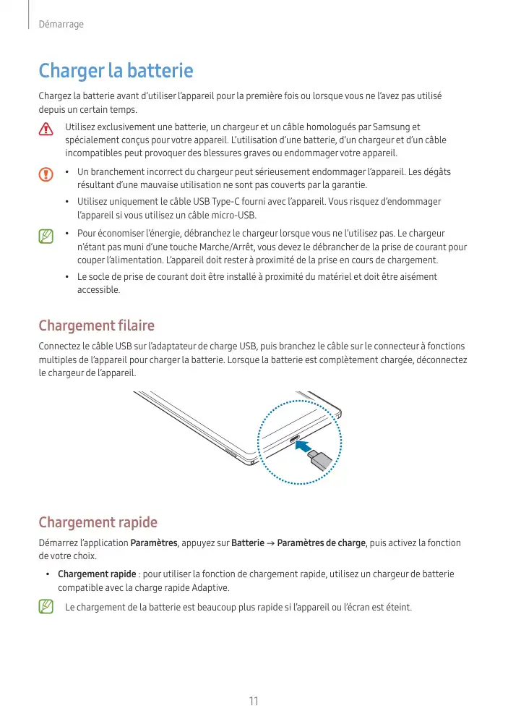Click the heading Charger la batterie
[116, 71]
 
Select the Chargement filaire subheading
[96, 326]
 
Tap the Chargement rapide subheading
[98, 522]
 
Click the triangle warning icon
[46, 129]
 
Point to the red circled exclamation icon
[46, 174]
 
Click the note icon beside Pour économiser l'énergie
[46, 236]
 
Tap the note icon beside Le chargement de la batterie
[46, 607]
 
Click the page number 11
[254, 701]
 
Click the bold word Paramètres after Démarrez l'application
[154, 543]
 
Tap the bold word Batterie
[247, 543]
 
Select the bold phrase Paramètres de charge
[321, 543]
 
